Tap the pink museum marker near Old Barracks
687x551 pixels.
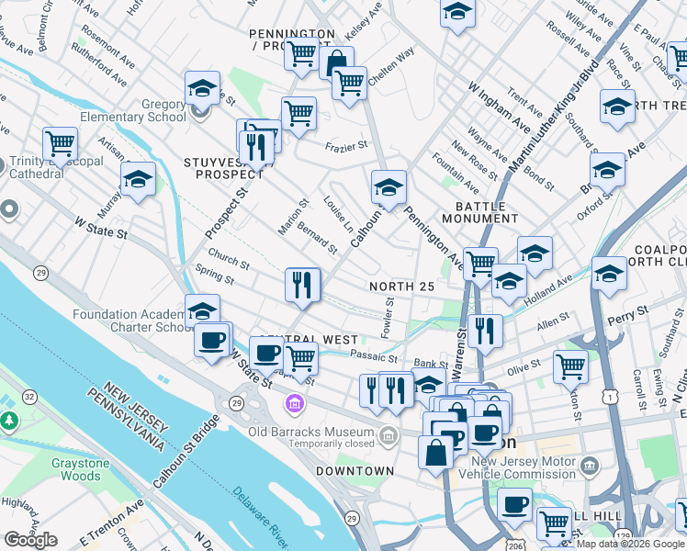295,403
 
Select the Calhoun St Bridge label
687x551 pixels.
186,451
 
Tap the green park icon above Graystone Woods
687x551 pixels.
10,422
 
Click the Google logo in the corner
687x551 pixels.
31,540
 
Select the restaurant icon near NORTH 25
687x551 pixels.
302,285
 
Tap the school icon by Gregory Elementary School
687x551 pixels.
202,89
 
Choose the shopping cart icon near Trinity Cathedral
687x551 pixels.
60,144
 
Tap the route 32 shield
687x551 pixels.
29,397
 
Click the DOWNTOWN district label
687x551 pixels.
355,471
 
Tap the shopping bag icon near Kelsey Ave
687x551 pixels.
337,63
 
